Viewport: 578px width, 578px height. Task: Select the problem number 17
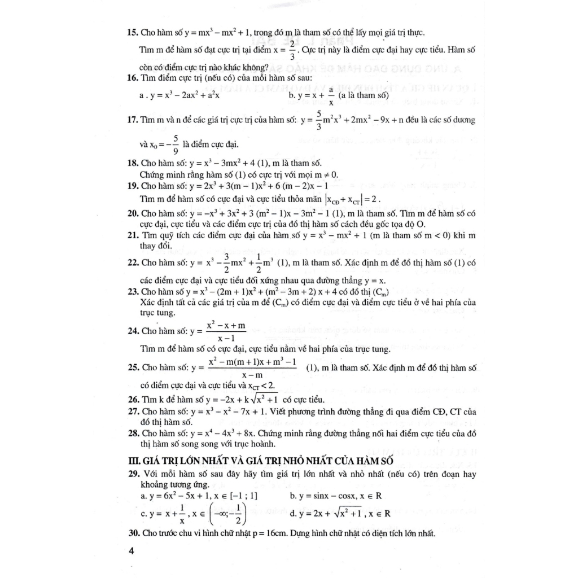(133, 120)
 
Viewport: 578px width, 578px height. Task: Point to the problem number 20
(133, 214)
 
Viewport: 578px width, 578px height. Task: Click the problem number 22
(133, 262)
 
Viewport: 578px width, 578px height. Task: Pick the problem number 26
(133, 400)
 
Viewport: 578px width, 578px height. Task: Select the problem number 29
(133, 474)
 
